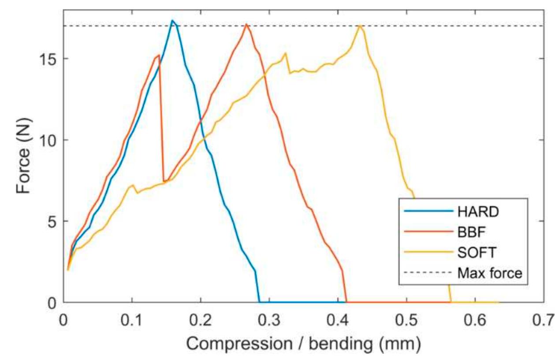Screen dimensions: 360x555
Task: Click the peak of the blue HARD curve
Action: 172,20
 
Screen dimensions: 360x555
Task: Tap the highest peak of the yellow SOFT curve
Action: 360,25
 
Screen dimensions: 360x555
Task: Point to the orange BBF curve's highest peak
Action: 246,24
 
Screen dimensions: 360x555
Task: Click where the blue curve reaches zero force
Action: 259,302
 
